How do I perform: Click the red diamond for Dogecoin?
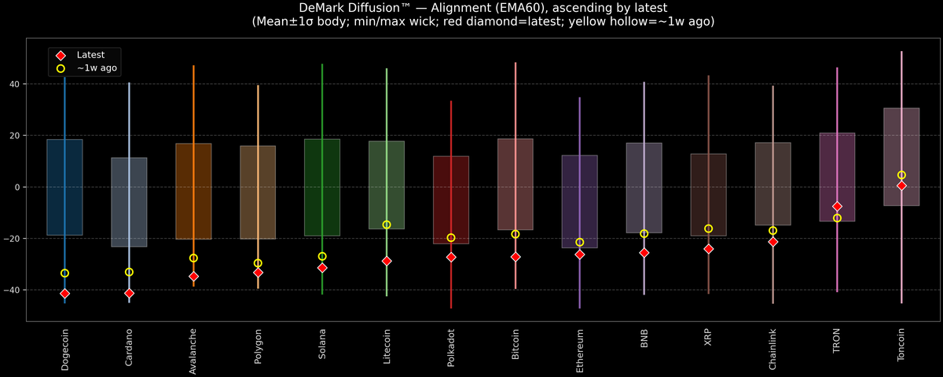click(64, 293)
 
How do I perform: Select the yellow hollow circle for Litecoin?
click(387, 225)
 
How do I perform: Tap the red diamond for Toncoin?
click(901, 185)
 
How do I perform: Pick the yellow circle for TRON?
click(837, 218)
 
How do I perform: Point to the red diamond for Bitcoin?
click(516, 257)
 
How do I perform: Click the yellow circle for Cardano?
click(129, 272)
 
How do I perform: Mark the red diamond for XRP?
click(708, 249)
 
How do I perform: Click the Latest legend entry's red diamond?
click(60, 55)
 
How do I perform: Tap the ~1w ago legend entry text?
click(97, 68)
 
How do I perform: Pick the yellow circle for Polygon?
click(258, 263)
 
